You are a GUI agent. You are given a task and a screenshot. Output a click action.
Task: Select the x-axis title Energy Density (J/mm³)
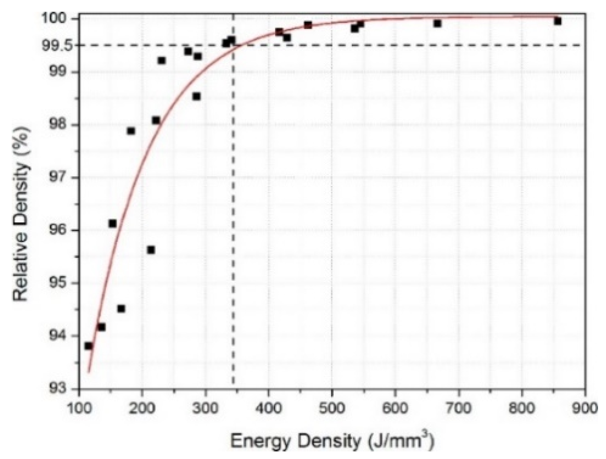click(332, 442)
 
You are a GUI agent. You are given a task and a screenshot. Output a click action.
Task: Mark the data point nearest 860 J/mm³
click(557, 21)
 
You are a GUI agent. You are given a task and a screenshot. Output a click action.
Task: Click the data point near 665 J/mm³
click(437, 24)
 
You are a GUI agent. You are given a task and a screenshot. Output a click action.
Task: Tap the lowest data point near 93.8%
click(89, 346)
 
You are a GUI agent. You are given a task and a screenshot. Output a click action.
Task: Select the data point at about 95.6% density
click(151, 250)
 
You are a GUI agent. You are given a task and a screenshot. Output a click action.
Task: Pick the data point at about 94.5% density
click(121, 309)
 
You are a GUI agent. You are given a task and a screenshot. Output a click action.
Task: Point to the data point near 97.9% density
click(131, 131)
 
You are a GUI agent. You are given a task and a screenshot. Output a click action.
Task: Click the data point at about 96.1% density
click(112, 224)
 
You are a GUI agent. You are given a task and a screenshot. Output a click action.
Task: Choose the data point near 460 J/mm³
click(308, 25)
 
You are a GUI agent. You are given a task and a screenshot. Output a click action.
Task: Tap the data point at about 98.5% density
click(196, 96)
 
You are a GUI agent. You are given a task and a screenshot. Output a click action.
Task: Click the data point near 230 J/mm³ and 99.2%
click(161, 60)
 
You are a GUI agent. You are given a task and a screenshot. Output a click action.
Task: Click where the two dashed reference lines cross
click(233, 45)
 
